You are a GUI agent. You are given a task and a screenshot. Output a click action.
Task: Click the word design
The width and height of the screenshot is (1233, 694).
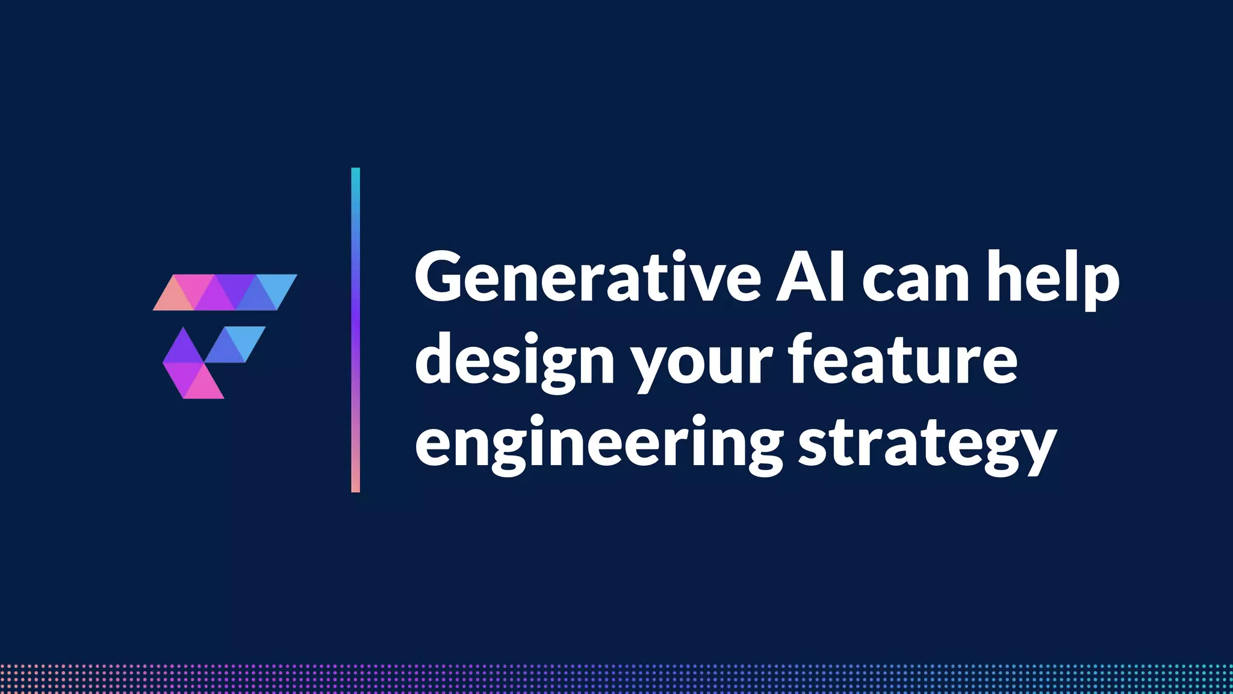coord(515,361)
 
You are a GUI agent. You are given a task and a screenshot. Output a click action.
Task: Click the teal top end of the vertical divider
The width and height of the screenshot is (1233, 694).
coord(355,175)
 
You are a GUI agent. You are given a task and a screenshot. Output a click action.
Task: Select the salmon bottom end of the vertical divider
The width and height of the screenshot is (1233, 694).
coord(355,486)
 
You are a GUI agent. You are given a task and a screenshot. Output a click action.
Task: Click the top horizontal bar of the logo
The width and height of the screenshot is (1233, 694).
coord(225,293)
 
